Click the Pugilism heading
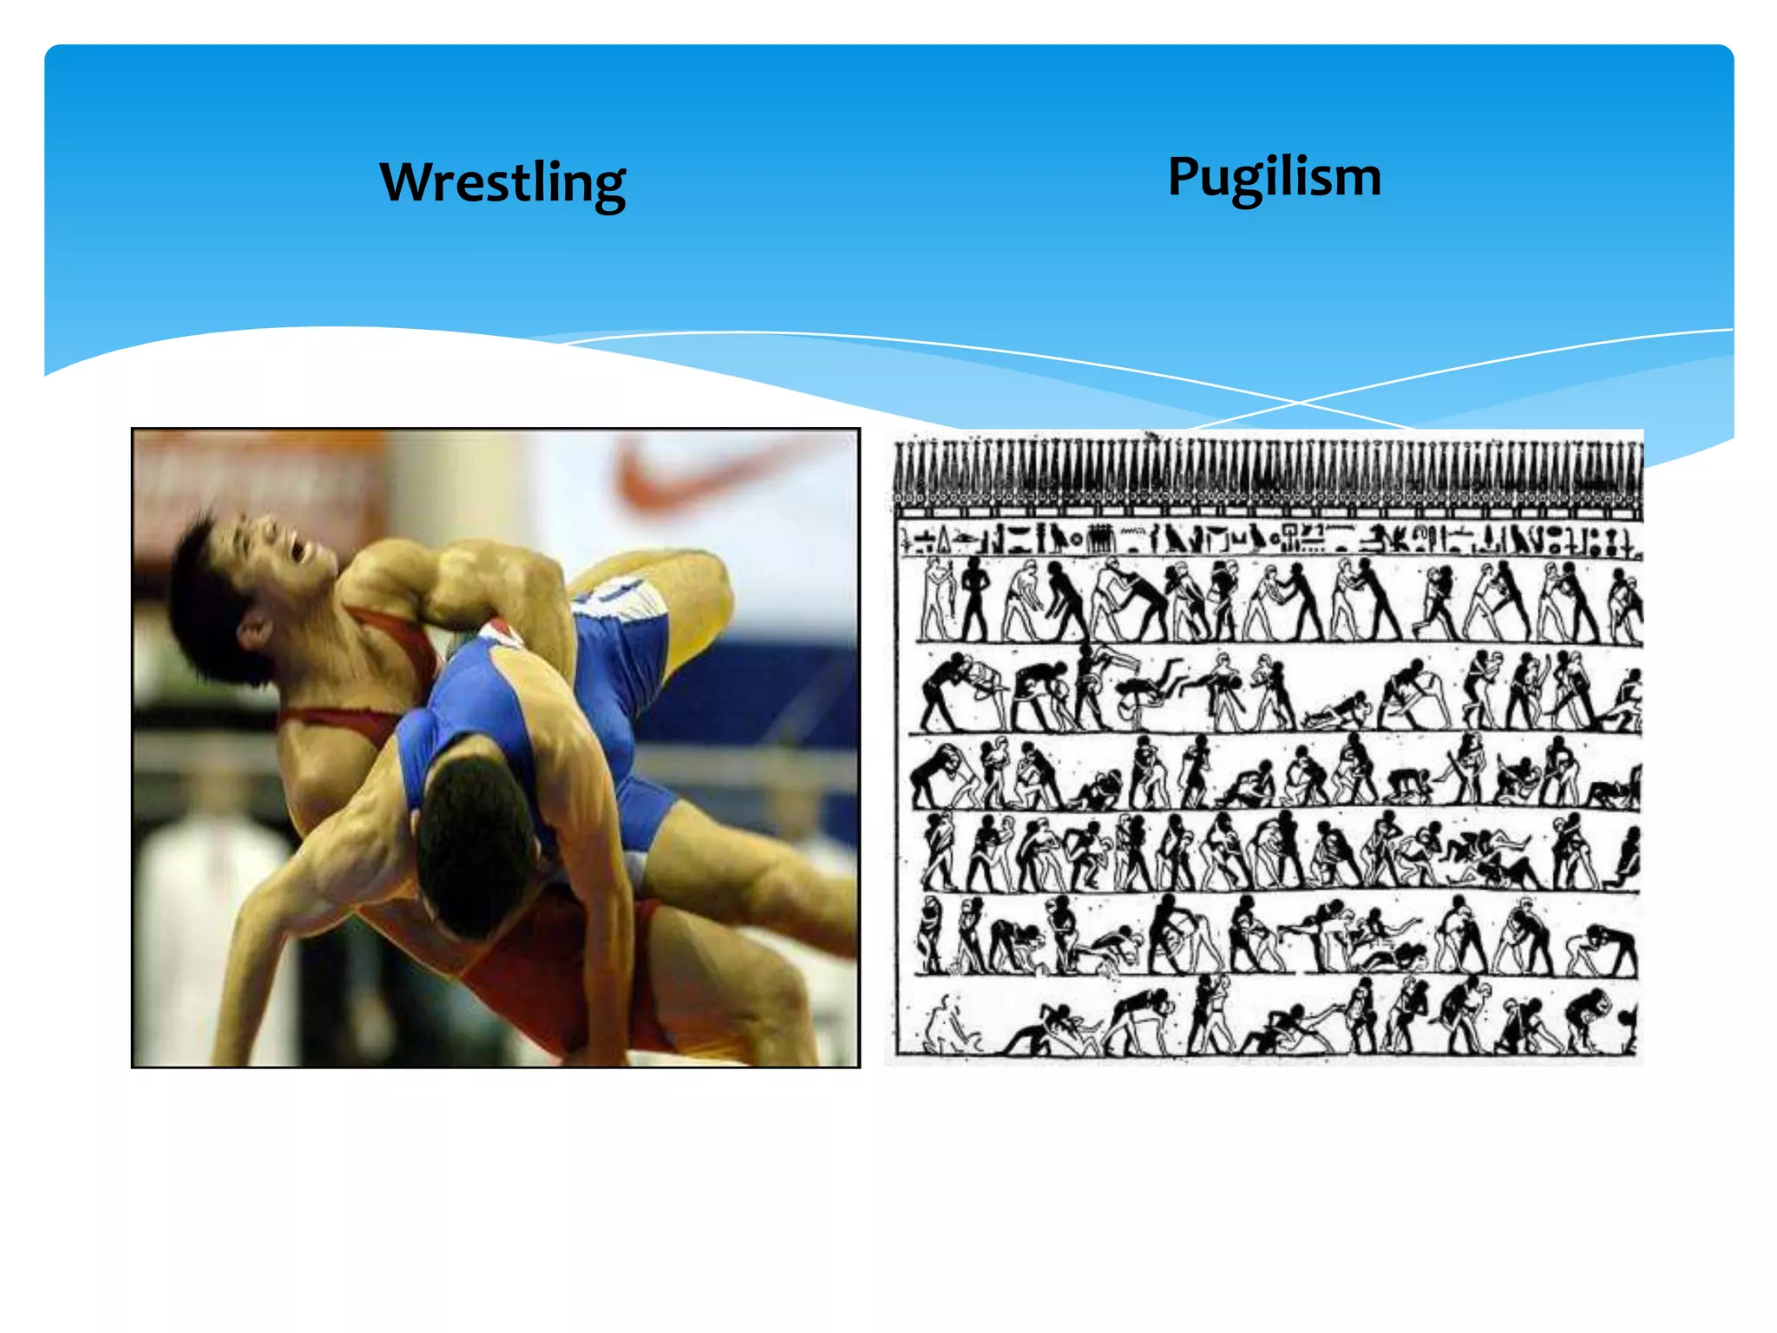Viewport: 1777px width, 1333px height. [x=1274, y=177]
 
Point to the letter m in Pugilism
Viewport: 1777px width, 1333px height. [x=1358, y=180]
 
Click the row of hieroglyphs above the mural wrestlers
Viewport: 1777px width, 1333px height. [x=1267, y=539]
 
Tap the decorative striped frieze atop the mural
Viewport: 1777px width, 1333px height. [x=1267, y=473]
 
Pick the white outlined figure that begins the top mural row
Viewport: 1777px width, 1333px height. [x=937, y=599]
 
